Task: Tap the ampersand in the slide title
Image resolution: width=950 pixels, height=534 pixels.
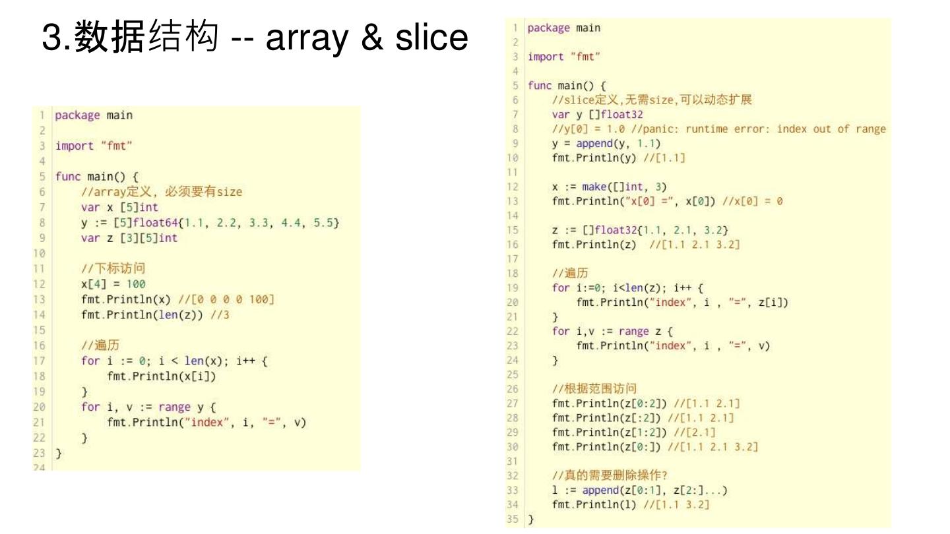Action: click(373, 38)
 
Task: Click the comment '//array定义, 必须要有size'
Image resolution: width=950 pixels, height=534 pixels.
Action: click(162, 192)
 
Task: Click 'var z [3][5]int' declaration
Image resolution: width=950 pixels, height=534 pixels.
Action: click(129, 238)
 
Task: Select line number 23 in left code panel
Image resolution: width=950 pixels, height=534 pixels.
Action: click(40, 453)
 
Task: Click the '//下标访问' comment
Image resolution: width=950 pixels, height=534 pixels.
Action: click(113, 268)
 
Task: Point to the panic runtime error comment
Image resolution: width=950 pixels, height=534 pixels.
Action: click(719, 129)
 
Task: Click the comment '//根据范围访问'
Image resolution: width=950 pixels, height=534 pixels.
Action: click(594, 388)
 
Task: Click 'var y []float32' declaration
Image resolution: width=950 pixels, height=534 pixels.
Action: click(597, 114)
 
